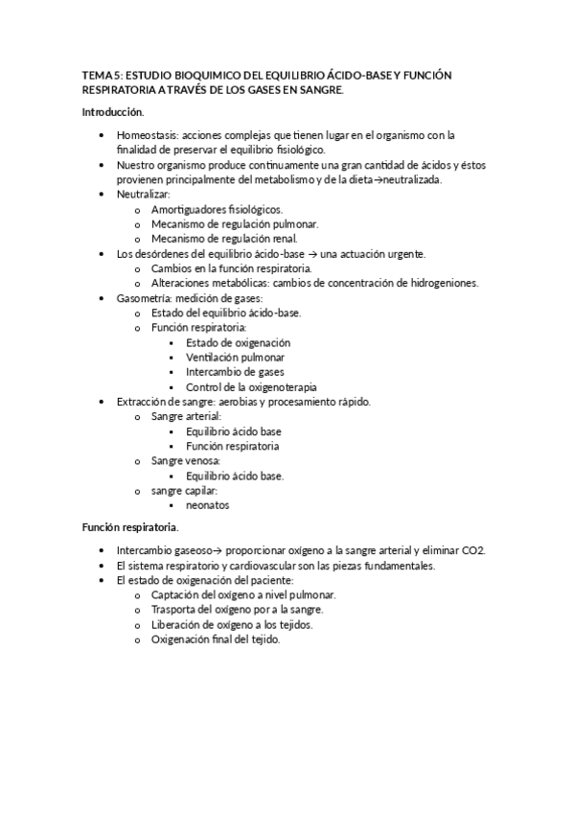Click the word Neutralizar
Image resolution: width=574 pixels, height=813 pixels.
coord(143,194)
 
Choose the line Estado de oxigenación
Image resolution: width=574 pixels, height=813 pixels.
coord(238,342)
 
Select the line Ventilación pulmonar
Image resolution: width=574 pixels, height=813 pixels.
coord(235,357)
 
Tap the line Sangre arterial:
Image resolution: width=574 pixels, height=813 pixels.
coord(186,416)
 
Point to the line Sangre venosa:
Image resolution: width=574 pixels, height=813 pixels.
coord(185,461)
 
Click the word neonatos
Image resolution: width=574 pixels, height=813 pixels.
coord(207,505)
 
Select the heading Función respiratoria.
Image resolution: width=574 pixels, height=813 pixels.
coord(130,527)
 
